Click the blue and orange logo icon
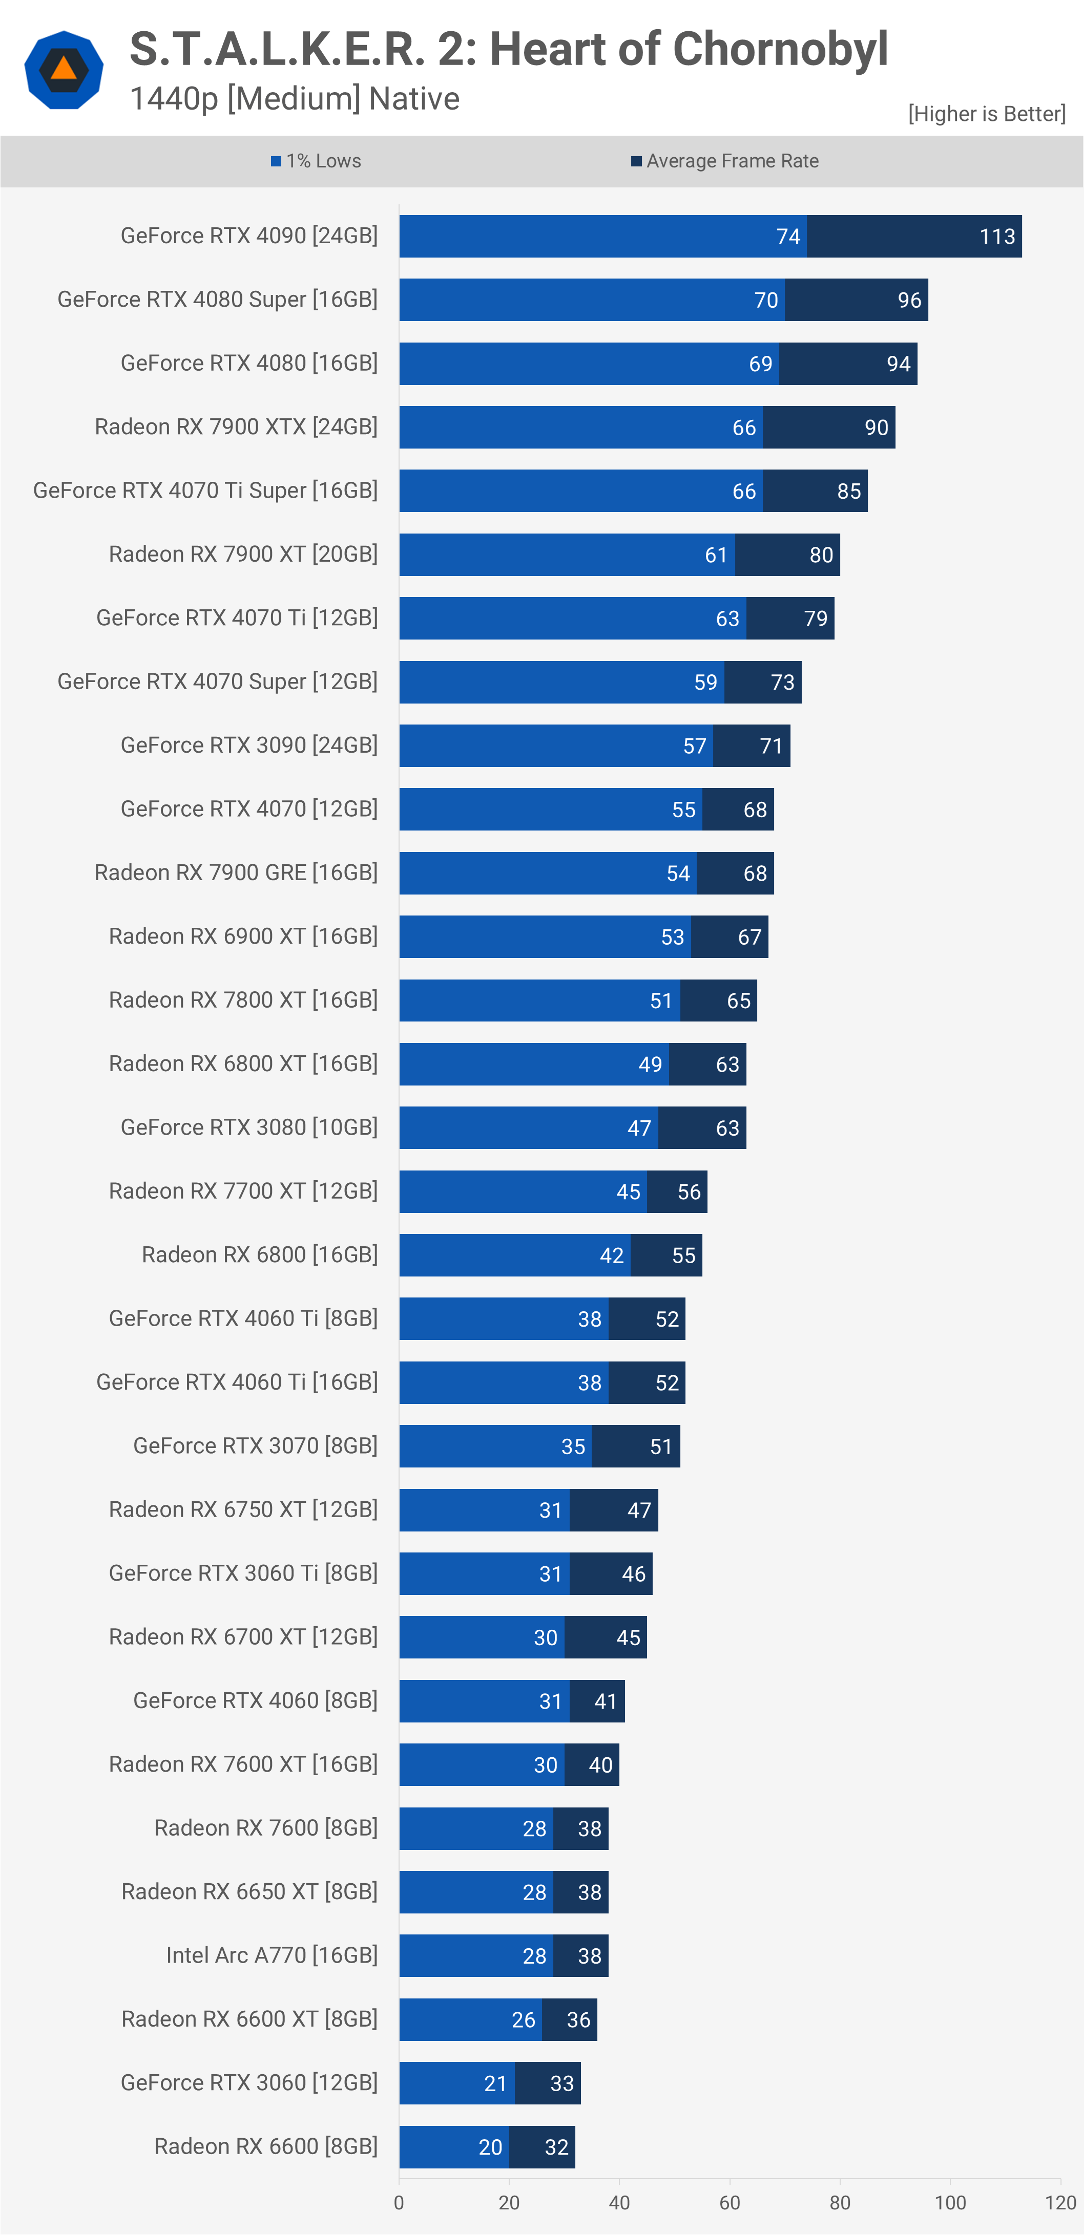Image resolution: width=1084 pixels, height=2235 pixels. coord(64,70)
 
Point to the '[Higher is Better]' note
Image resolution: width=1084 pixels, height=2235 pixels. coord(986,114)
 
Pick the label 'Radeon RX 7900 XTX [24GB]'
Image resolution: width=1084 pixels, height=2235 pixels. coord(236,427)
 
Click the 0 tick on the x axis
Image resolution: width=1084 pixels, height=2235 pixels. coord(399,2202)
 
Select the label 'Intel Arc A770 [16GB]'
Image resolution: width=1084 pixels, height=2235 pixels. coord(272,1955)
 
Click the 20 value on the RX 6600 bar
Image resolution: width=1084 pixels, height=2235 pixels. coord(490,2146)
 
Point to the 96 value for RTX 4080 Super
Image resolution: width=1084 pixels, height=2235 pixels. coord(909,300)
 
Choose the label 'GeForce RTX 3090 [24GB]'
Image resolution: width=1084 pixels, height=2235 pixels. coord(249,746)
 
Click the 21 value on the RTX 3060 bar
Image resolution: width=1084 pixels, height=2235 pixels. coord(495,2083)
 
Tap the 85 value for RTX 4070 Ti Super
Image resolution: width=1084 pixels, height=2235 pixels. coord(849,491)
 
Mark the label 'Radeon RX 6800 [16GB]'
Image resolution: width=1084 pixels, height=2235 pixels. coord(260,1254)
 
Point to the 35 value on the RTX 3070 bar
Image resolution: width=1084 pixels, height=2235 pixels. coord(573,1446)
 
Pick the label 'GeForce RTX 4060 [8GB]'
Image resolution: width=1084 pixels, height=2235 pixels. coord(255,1700)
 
